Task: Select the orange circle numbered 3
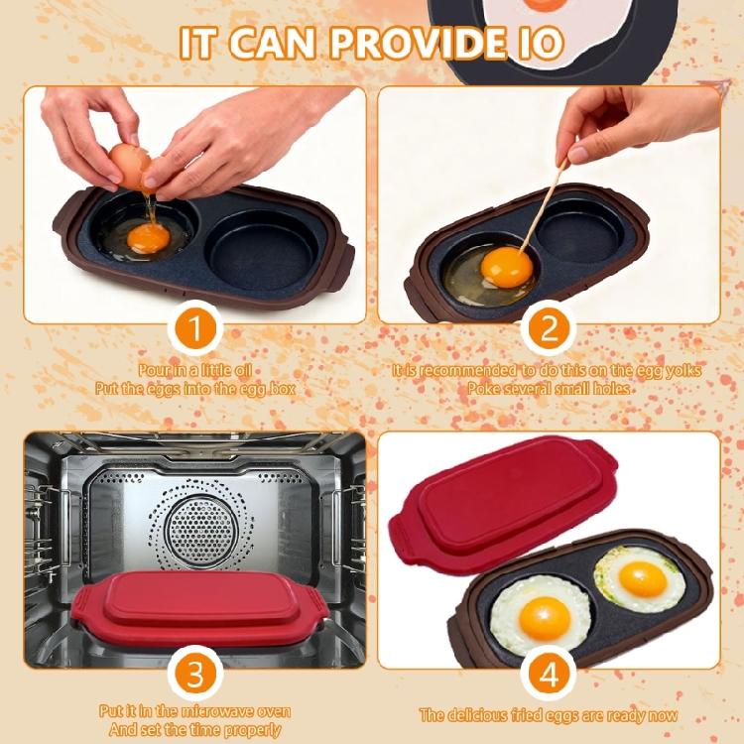(x=195, y=675)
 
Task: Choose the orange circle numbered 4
(x=549, y=675)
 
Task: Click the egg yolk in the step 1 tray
(x=148, y=238)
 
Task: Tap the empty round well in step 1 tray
(x=254, y=238)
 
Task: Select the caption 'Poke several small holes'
(x=549, y=389)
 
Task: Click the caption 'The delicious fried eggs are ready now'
(x=549, y=714)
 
